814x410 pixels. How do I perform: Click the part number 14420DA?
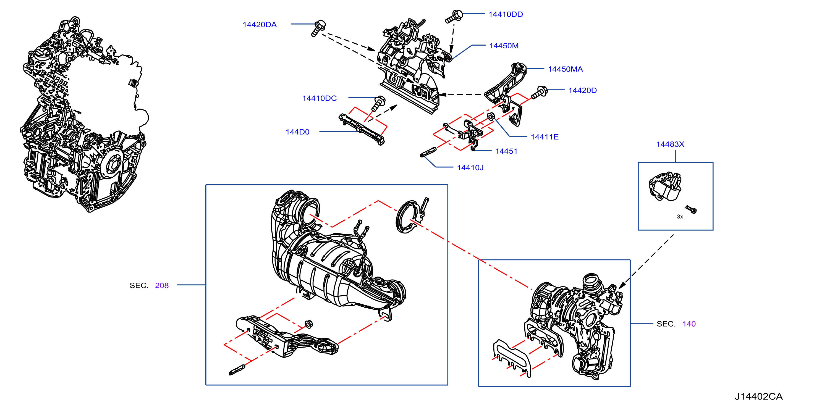click(260, 25)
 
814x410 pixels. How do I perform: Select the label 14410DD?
click(506, 14)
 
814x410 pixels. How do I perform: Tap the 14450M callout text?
click(504, 46)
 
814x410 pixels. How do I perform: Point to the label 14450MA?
click(565, 69)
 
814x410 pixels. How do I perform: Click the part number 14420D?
click(582, 90)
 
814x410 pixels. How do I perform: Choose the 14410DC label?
click(320, 98)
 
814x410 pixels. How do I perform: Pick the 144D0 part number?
click(297, 132)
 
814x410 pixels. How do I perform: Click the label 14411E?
click(545, 137)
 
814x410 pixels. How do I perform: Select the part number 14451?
click(506, 151)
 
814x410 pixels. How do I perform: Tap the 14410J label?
click(470, 168)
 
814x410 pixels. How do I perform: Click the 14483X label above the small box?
click(670, 144)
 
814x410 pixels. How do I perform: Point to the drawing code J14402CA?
click(758, 396)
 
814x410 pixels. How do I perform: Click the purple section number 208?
click(162, 286)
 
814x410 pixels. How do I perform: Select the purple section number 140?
click(689, 324)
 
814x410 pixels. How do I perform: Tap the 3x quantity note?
click(680, 217)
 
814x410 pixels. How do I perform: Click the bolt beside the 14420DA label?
click(318, 28)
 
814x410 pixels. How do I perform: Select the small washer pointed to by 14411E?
click(490, 116)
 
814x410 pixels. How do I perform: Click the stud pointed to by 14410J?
click(428, 152)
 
